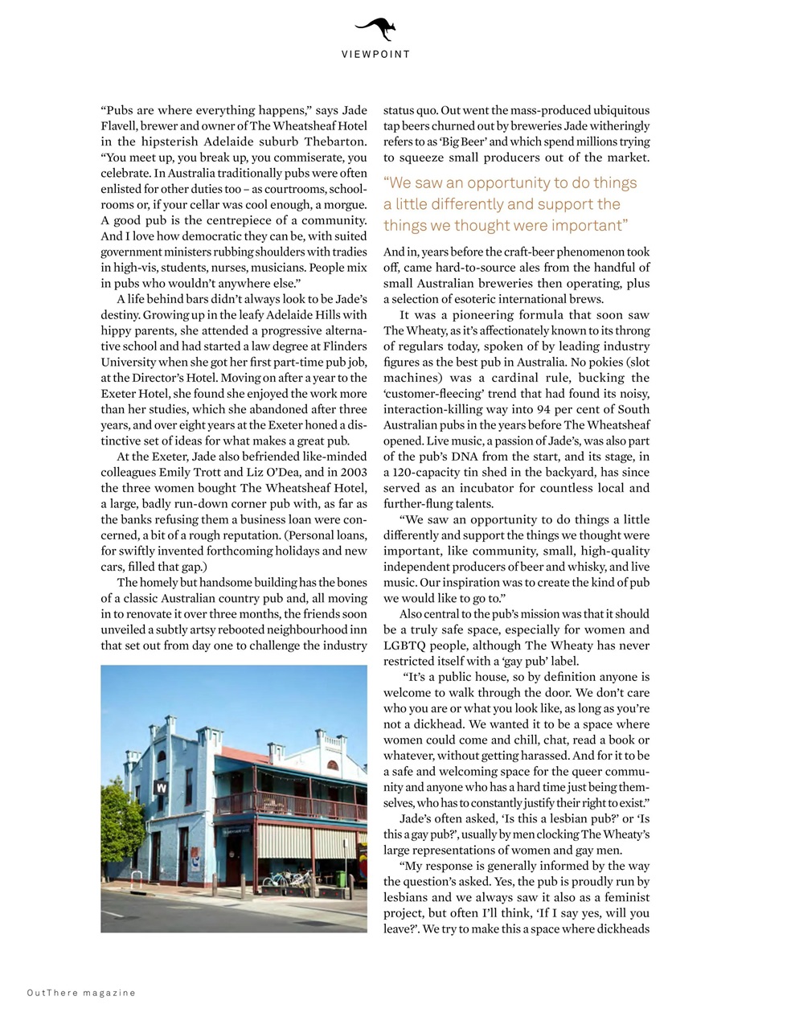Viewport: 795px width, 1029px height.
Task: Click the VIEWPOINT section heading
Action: tap(375, 55)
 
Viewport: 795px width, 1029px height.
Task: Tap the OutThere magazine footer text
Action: tap(81, 993)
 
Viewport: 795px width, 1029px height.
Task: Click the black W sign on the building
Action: tap(162, 788)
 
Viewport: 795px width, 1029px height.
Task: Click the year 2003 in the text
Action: tap(354, 472)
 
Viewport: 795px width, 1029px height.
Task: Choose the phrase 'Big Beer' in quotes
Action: tap(461, 141)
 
